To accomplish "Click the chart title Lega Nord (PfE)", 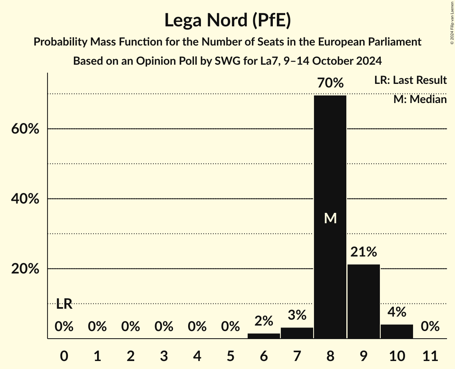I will [227, 21].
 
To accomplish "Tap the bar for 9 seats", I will [364, 302].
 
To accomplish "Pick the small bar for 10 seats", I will [397, 331].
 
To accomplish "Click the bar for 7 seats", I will [297, 333].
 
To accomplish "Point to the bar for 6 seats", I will [264, 336].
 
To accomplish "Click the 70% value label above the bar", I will [330, 83].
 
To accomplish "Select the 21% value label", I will [364, 252].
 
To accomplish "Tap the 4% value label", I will [397, 312].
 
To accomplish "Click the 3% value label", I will [297, 315].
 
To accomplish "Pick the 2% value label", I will [264, 321].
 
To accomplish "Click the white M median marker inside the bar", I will [330, 218].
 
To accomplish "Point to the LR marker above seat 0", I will [64, 304].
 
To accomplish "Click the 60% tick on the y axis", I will [25, 129].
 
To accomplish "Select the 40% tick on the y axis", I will [25, 199].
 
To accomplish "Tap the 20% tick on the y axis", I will [25, 269].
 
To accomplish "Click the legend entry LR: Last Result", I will [410, 80].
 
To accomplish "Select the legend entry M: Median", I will [420, 99].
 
